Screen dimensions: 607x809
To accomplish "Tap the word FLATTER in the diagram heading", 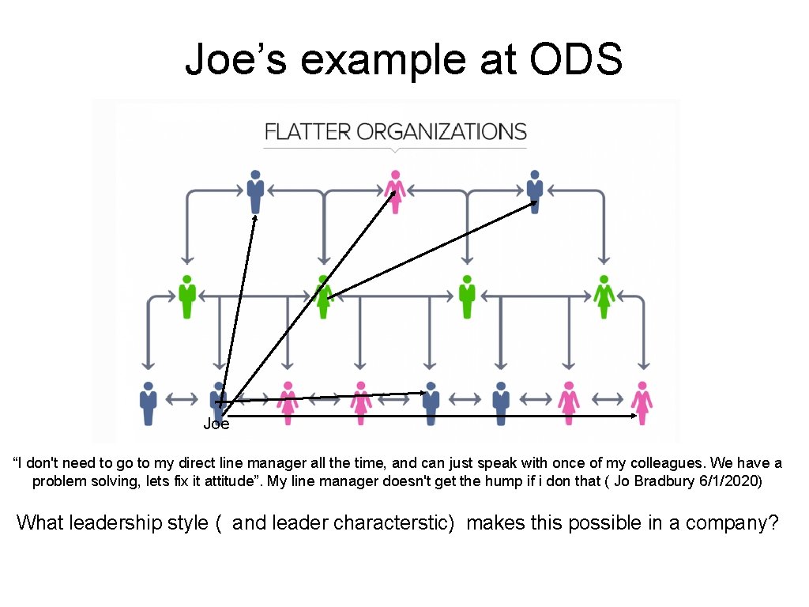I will point(308,131).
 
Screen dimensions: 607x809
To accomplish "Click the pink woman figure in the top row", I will point(394,190).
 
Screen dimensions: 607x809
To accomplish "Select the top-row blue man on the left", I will point(254,190).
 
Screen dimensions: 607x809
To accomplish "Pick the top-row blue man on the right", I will point(535,190).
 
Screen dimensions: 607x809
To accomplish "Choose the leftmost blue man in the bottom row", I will point(148,403).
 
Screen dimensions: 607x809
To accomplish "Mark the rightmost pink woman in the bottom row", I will point(642,403).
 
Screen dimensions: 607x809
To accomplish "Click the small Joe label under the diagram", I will point(216,424).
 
